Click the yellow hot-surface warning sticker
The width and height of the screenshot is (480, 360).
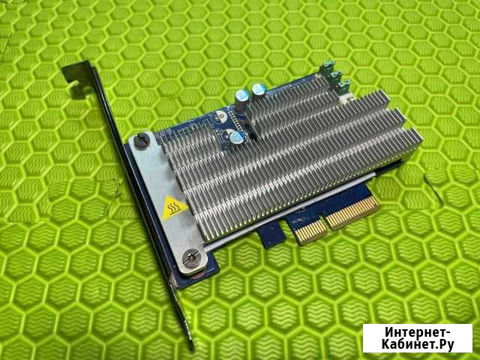[x=174, y=208]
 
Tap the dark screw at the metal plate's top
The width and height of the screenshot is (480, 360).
[x=142, y=140]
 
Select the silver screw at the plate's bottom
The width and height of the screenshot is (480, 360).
[x=191, y=259]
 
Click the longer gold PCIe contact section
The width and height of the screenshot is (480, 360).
[x=352, y=212]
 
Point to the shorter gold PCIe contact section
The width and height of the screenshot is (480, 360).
[x=310, y=231]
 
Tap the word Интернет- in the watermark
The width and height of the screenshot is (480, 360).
[x=418, y=332]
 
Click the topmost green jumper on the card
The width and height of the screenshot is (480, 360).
[x=328, y=65]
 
